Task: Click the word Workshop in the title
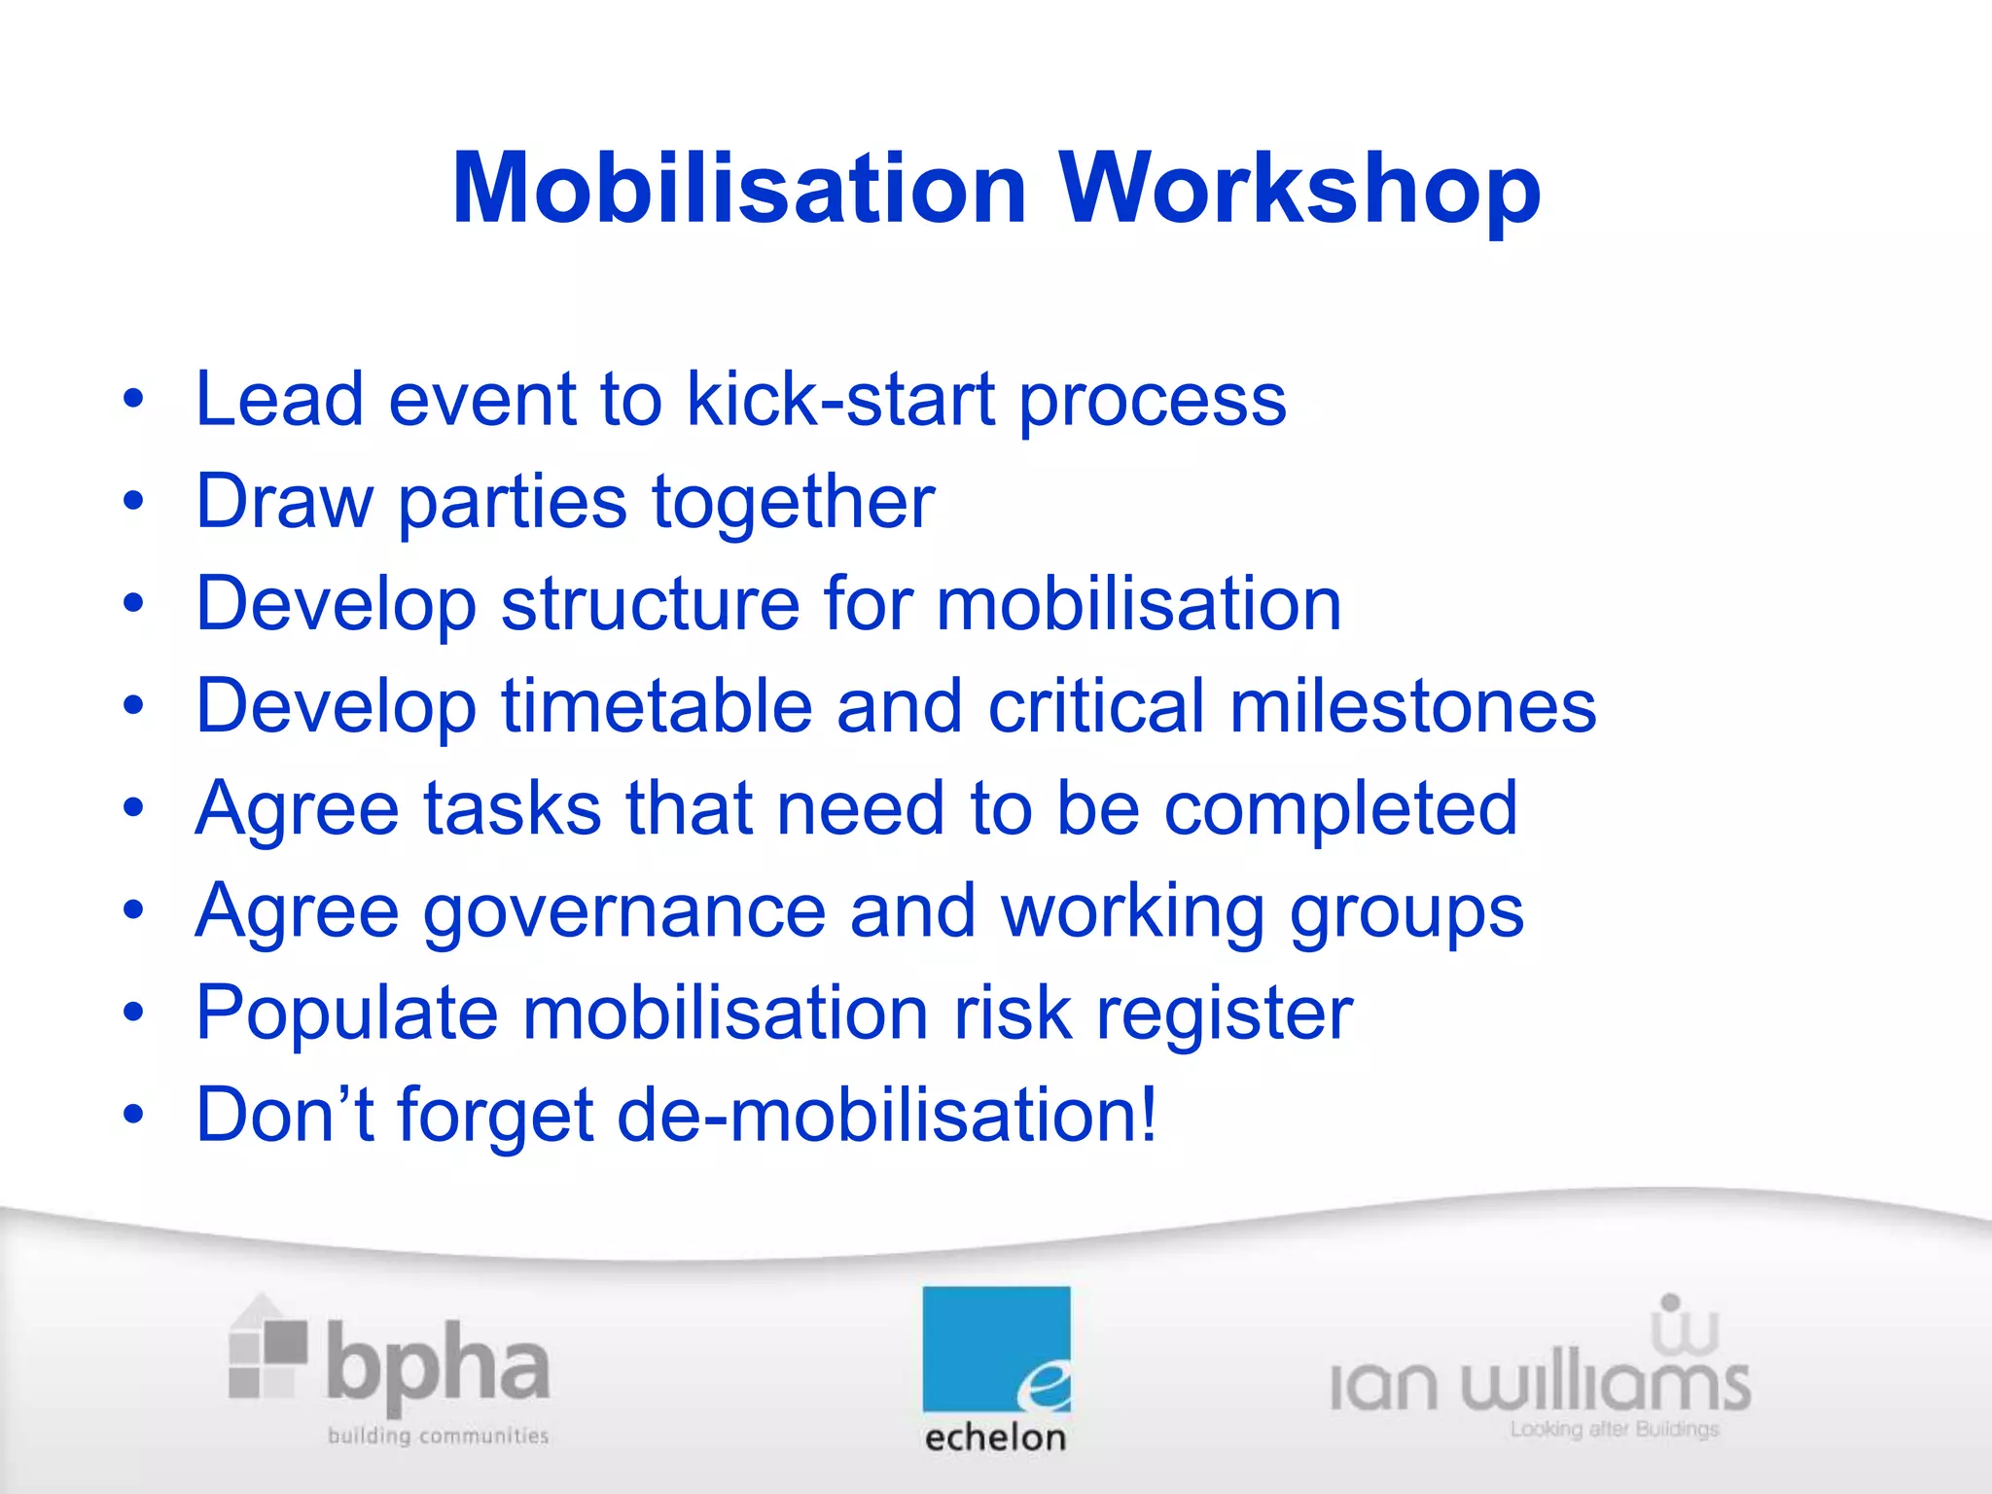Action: (1299, 189)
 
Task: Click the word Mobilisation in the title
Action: (739, 189)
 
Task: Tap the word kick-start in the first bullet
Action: (841, 399)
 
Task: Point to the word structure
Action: (650, 604)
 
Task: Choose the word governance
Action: (624, 911)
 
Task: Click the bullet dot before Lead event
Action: (133, 400)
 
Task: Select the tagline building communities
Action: (438, 1436)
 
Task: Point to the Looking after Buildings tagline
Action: (1615, 1430)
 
